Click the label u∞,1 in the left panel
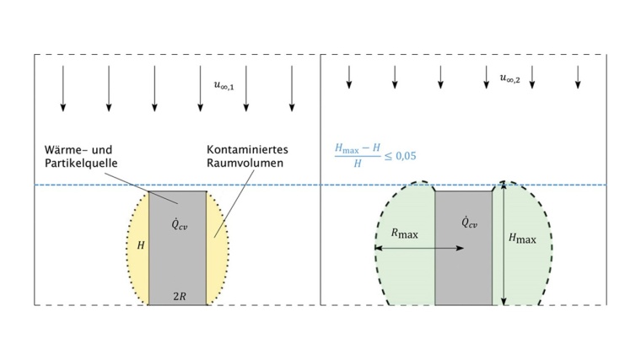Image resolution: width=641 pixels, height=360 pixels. (x=224, y=84)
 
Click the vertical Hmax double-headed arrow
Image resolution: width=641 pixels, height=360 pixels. (x=503, y=244)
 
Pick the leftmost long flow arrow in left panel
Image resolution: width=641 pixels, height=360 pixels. (x=62, y=88)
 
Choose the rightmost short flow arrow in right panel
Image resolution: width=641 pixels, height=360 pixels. (x=578, y=78)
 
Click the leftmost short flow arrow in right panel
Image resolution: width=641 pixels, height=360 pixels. (x=348, y=78)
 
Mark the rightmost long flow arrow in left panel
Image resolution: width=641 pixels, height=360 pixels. (x=292, y=88)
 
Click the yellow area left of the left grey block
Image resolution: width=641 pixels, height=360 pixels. (x=138, y=270)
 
